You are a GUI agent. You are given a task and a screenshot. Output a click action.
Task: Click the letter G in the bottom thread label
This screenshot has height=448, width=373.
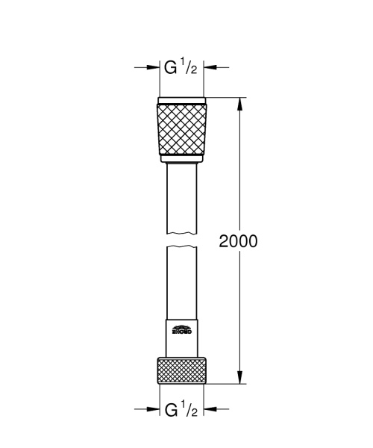171,409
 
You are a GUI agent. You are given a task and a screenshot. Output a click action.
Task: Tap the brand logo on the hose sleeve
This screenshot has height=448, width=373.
181,328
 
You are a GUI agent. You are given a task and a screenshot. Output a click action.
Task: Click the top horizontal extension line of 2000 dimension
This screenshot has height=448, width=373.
224,98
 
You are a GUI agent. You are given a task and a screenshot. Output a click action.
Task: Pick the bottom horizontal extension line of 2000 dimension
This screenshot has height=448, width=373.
224,384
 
